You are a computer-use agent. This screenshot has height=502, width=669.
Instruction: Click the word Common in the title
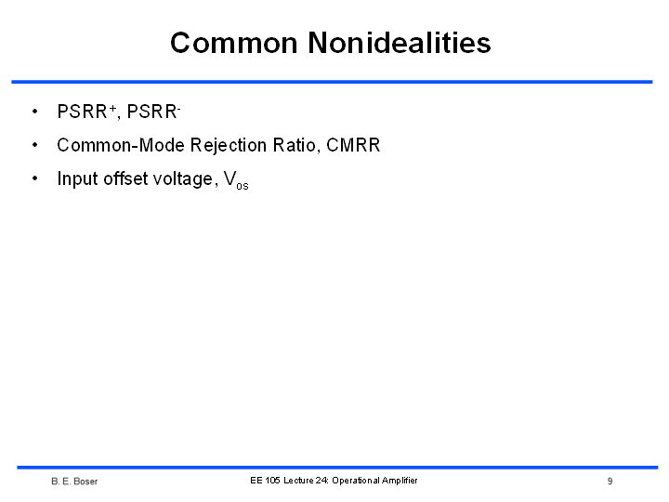click(234, 43)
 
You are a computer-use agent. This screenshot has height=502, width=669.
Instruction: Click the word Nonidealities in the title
click(400, 43)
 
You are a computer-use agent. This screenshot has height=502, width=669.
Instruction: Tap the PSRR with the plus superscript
click(86, 112)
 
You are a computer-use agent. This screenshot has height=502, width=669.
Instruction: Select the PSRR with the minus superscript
click(153, 112)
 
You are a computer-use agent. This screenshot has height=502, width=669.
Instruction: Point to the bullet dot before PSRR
click(35, 112)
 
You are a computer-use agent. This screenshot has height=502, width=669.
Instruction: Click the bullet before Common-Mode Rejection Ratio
click(35, 145)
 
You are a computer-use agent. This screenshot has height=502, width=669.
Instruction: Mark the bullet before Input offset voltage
click(35, 178)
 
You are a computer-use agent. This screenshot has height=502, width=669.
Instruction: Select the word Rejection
click(229, 146)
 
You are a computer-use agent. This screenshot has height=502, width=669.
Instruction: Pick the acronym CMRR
click(353, 145)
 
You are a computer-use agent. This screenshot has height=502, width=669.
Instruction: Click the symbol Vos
click(236, 180)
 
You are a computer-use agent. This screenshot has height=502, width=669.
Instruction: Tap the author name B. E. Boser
click(74, 482)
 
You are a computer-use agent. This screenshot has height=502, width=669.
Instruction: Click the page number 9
click(610, 482)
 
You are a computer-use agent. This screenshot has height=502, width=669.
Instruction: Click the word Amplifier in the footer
click(400, 481)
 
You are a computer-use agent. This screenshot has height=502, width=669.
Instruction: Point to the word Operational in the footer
click(356, 481)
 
